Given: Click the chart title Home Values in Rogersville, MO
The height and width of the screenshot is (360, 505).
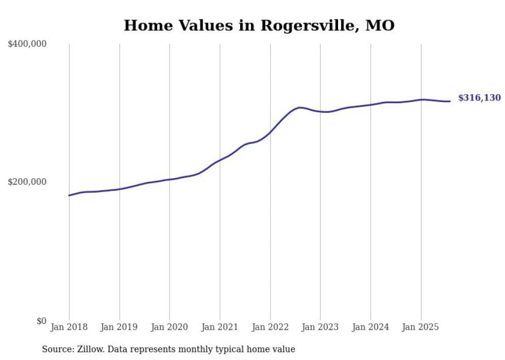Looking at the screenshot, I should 259,25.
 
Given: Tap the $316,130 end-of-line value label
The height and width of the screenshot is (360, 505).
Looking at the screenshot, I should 479,98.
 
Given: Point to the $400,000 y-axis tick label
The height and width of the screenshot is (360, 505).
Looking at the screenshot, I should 27,44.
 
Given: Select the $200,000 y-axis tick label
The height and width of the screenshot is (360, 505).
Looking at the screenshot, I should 27,182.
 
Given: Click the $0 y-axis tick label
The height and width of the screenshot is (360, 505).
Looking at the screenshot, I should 41,321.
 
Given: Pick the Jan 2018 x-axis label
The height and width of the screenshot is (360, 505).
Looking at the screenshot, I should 69,327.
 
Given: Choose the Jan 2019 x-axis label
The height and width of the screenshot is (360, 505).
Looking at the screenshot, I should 120,327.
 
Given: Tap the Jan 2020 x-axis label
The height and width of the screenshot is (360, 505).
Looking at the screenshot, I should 170,327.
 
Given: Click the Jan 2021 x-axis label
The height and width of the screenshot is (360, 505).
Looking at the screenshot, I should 220,327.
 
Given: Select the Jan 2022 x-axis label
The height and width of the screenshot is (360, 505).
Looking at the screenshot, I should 270,327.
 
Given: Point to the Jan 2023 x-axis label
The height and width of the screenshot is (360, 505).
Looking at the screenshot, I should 320,327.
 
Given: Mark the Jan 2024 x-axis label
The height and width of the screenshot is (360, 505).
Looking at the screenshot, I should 371,327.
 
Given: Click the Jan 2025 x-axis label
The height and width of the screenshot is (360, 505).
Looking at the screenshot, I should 420,327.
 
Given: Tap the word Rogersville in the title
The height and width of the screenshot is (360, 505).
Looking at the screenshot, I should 307,25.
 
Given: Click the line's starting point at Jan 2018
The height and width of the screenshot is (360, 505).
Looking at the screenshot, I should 69,195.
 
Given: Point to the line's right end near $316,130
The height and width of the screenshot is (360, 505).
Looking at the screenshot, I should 450,101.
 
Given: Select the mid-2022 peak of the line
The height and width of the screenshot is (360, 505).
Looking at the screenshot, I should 300,108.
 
